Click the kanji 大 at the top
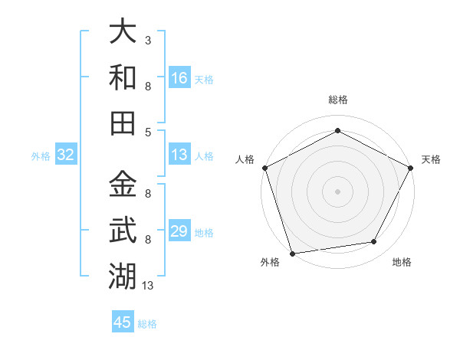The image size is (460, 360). [x=123, y=33]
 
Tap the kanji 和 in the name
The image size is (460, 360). [x=123, y=77]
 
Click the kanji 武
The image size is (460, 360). [x=123, y=229]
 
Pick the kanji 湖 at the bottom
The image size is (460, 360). [x=123, y=273]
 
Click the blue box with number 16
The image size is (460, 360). [x=179, y=78]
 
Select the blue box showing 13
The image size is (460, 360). [x=179, y=155]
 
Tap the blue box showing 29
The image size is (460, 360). [x=179, y=231]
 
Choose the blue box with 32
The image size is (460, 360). [x=66, y=155]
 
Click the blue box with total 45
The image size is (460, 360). [x=123, y=322]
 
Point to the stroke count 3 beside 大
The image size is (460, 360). [x=147, y=40]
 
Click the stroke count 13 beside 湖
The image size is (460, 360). [x=148, y=285]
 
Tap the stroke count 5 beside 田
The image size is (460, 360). [x=147, y=131]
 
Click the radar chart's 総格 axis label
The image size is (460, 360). [x=337, y=100]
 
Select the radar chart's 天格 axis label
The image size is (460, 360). [x=431, y=159]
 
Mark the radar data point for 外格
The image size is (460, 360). [x=292, y=253]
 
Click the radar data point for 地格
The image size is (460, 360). [x=374, y=242]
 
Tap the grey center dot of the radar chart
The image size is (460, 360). [x=337, y=191]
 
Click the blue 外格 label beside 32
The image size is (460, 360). [x=41, y=156]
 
